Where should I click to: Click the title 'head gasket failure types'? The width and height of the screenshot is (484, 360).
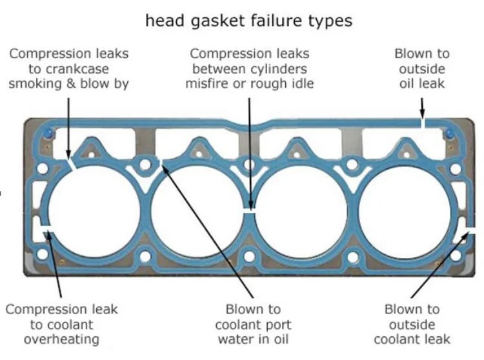249,21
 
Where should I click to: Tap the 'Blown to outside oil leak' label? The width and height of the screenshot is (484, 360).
422,68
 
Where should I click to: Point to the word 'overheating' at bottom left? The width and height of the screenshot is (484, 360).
61,339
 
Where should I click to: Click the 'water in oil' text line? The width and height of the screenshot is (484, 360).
253,339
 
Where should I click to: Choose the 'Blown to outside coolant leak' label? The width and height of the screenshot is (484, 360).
412,325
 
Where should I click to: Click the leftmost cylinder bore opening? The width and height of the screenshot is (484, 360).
94,212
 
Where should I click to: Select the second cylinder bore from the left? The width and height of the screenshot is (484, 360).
197,212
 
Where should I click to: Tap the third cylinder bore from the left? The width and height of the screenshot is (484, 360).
301,212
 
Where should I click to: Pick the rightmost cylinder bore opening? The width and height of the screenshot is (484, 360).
405,212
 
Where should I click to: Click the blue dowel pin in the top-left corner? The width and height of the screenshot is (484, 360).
49,134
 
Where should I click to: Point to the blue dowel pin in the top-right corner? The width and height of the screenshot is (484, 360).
449,134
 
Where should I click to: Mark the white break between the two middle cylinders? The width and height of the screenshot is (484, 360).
249,211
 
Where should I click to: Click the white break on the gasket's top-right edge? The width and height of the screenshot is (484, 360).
423,123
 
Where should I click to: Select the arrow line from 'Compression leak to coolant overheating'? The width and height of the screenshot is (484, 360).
55,265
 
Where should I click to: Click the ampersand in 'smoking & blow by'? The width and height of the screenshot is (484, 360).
71,84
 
